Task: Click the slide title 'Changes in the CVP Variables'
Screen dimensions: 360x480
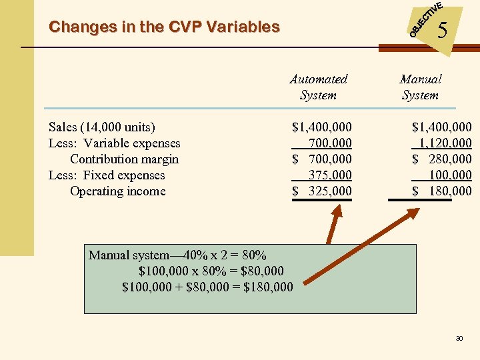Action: point(164,27)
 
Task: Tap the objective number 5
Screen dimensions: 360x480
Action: point(442,30)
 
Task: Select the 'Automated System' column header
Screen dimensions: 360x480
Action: point(318,87)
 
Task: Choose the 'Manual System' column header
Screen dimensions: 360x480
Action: point(420,87)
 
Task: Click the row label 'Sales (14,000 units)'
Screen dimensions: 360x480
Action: point(101,127)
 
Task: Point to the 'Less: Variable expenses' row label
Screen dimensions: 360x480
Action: point(114,143)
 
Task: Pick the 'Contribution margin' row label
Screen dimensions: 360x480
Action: point(124,159)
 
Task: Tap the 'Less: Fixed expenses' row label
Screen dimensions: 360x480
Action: point(107,175)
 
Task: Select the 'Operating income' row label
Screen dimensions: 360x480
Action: point(117,191)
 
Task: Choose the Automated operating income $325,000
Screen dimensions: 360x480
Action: point(323,191)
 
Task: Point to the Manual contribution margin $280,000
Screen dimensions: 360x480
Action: point(442,159)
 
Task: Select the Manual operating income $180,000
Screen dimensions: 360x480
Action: point(442,191)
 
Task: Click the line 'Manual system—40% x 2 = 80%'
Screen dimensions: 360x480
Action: point(177,255)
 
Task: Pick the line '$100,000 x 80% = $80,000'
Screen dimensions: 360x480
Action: point(211,271)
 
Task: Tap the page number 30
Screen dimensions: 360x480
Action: point(459,339)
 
